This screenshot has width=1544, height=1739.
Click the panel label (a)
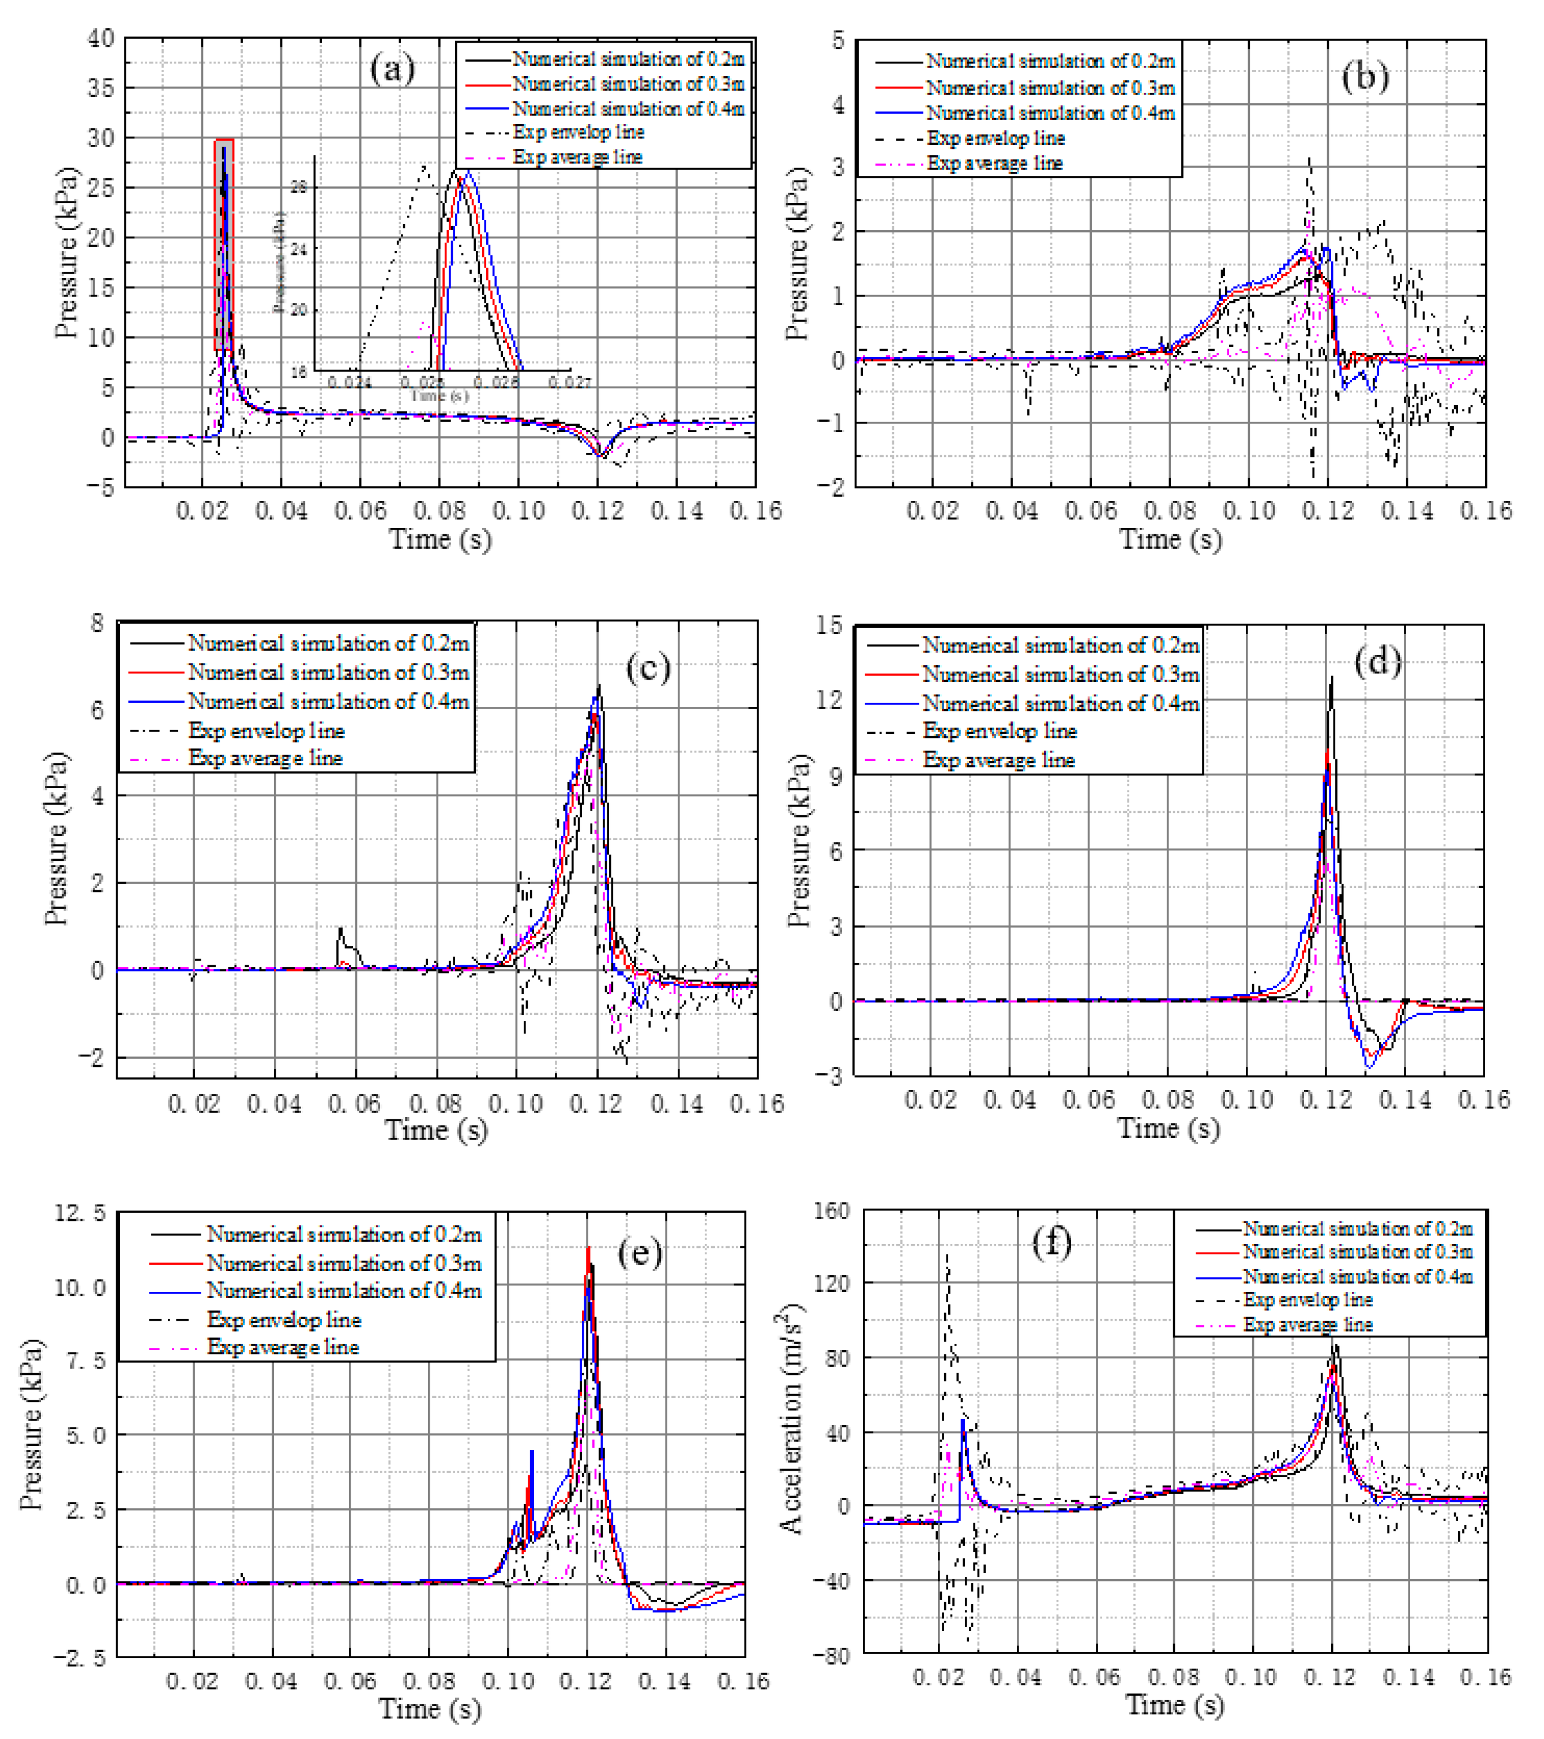pyautogui.click(x=392, y=68)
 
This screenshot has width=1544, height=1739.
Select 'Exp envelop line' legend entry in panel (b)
pyautogui.click(x=995, y=138)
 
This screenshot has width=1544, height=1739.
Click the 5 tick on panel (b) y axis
pyautogui.click(x=838, y=40)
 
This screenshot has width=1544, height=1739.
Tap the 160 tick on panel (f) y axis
pyautogui.click(x=832, y=1210)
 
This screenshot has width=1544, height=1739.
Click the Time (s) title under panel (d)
pyautogui.click(x=1168, y=1128)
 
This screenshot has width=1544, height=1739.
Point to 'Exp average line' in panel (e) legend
pyautogui.click(x=283, y=1347)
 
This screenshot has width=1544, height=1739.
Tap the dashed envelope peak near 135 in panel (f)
pyautogui.click(x=948, y=1255)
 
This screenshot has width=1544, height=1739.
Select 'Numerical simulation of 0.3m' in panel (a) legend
pyautogui.click(x=628, y=84)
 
